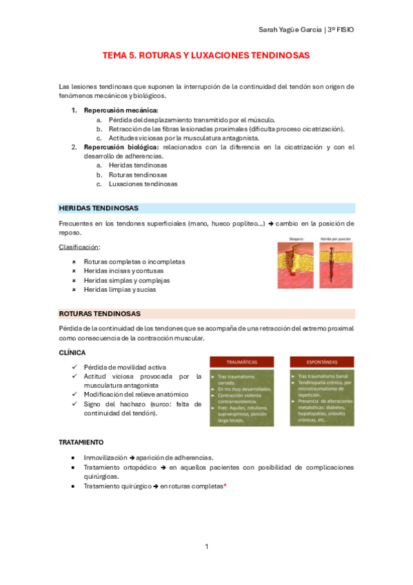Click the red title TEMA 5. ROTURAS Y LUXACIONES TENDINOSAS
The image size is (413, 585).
coord(206,54)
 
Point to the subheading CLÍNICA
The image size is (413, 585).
coord(72,353)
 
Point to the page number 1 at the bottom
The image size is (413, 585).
coord(206,547)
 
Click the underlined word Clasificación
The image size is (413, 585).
coord(79,246)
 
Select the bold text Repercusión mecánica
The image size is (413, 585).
coord(121,110)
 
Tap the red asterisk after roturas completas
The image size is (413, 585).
coord(225,486)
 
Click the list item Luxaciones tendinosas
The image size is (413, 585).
coord(143,184)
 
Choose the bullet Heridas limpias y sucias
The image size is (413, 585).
coord(119,290)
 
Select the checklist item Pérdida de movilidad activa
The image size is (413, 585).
coord(124,368)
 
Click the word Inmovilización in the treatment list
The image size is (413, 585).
coord(105,457)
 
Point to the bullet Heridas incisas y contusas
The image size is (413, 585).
coord(123,271)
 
